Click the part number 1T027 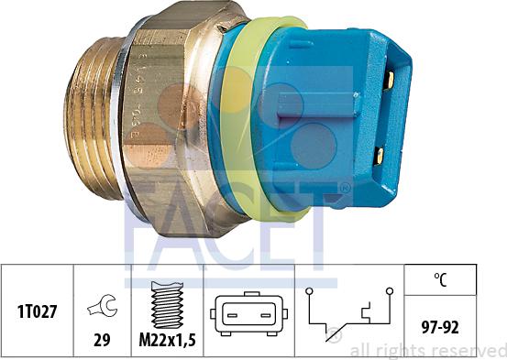(37, 311)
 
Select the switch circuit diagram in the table (352, 315)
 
